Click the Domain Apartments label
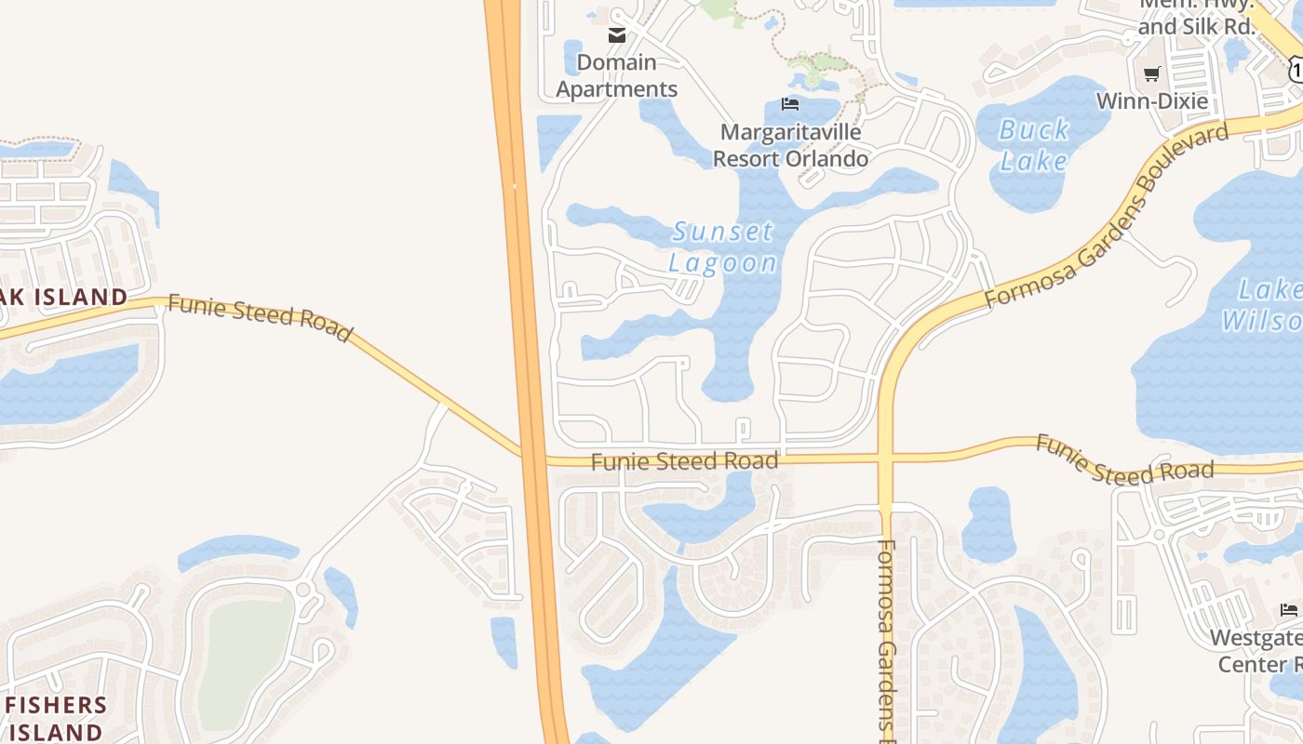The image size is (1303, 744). coord(617,76)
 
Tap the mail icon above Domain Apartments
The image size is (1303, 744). coord(617,35)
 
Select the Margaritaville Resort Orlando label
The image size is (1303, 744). coord(790,145)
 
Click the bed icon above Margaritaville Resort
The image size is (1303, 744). coord(790,103)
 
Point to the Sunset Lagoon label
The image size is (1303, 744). coord(723,246)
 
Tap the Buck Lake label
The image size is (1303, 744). coord(1034,145)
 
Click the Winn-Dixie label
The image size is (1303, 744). coord(1151,100)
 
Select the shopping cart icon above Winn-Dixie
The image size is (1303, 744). coord(1152,73)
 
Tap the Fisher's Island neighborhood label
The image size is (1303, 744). coord(56,717)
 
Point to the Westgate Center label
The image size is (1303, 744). coord(1258,651)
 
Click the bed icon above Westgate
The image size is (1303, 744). coord(1289,610)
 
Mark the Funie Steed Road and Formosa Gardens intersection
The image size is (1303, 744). coord(885,458)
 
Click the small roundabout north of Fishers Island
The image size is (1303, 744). coord(302,589)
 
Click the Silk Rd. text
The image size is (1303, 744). coord(1196,27)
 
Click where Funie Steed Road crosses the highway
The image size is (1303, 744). coord(532,458)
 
